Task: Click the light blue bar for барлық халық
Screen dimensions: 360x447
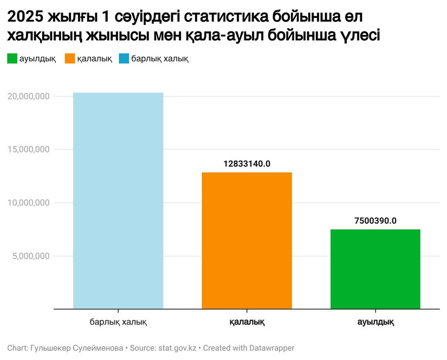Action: point(118,201)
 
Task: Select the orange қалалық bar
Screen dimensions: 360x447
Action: point(247,241)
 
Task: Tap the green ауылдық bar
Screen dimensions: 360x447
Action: point(375,269)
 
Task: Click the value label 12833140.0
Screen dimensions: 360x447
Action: point(247,163)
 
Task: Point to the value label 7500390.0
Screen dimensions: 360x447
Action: point(375,220)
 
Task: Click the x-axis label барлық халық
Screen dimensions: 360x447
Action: point(118,322)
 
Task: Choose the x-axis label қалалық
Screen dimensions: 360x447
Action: point(247,322)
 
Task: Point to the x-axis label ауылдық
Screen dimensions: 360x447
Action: point(375,322)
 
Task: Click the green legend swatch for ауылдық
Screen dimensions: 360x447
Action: point(12,59)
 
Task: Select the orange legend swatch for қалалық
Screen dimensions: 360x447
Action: point(69,59)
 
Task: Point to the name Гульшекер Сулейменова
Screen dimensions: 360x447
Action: point(77,348)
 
